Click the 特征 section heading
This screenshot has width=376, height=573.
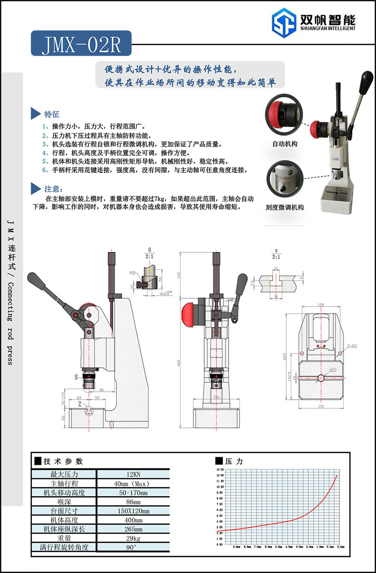(52, 114)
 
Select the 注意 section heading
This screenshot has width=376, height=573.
(52, 189)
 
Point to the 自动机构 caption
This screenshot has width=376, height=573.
(285, 144)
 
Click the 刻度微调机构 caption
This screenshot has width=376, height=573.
(285, 207)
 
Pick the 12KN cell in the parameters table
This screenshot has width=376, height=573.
(133, 475)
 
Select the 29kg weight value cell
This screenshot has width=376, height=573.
(133, 538)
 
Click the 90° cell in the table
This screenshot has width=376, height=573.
(133, 547)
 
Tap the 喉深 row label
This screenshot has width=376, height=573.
(64, 502)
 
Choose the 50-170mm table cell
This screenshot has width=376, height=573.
(133, 493)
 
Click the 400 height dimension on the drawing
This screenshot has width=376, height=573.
(179, 363)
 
